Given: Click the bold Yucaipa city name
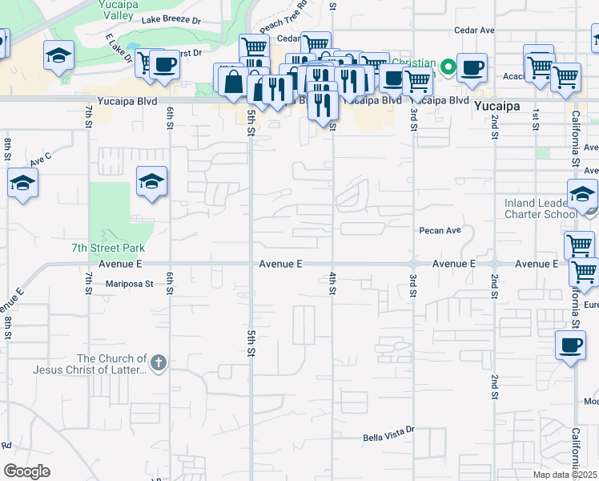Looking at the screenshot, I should [x=497, y=105].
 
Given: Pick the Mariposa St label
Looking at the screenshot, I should [x=129, y=283].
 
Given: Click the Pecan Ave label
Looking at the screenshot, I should [x=440, y=231].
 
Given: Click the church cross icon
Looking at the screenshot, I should [x=159, y=364].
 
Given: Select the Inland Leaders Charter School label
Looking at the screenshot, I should [x=541, y=208].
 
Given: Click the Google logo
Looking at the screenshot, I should [x=27, y=471].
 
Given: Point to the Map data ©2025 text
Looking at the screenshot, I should [x=565, y=475].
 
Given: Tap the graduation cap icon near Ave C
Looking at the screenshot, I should [x=22, y=184].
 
